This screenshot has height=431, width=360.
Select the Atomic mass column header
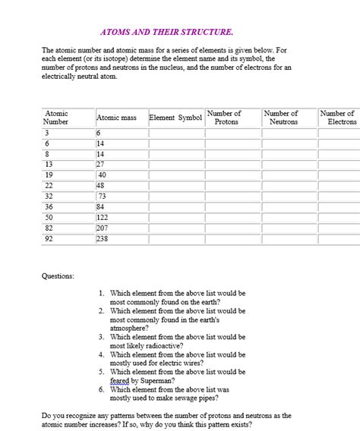pyautogui.click(x=116, y=118)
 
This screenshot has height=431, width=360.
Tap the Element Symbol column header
pyautogui.click(x=175, y=118)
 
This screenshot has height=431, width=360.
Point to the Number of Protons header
pyautogui.click(x=226, y=118)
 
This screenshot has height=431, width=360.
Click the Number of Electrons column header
pyautogui.click(x=338, y=118)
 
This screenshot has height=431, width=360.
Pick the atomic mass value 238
pyautogui.click(x=104, y=238)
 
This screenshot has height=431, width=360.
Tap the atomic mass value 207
pyautogui.click(x=104, y=228)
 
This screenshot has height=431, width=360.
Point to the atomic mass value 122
pyautogui.click(x=104, y=217)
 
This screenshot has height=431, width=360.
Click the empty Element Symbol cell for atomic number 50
pyautogui.click(x=176, y=217)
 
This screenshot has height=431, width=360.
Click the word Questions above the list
pyautogui.click(x=58, y=276)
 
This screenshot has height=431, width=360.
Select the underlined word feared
pyautogui.click(x=119, y=381)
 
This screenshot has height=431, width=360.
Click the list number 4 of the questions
pyautogui.click(x=102, y=354)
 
